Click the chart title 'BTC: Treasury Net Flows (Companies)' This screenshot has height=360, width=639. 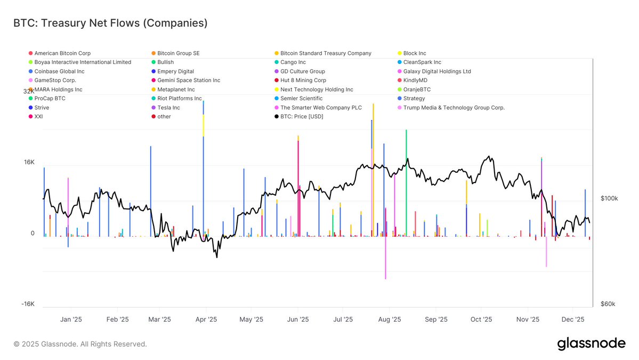pyautogui.click(x=110, y=23)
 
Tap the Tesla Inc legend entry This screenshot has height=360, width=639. pyautogui.click(x=168, y=107)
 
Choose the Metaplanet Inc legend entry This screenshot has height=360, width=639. pyautogui.click(x=176, y=89)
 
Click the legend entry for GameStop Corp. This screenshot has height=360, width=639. pyautogui.click(x=55, y=80)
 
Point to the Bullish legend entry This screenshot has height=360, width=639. pyautogui.click(x=165, y=62)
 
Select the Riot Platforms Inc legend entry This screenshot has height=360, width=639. pyautogui.click(x=179, y=98)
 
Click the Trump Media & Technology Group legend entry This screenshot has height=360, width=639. pyautogui.click(x=454, y=107)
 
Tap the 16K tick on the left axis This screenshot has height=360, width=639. pyautogui.click(x=29, y=162)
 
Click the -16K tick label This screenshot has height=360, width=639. pyautogui.click(x=28, y=304)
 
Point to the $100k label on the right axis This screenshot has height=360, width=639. pyautogui.click(x=609, y=198)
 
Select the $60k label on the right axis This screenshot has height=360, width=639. pyautogui.click(x=608, y=304)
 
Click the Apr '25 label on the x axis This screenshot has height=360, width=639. pyautogui.click(x=206, y=319)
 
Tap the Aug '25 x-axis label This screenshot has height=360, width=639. pyautogui.click(x=390, y=319)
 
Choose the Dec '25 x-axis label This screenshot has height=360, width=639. pyautogui.click(x=573, y=319)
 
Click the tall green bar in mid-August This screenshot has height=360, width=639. pyautogui.click(x=406, y=181)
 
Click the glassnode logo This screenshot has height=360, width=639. pyautogui.click(x=591, y=344)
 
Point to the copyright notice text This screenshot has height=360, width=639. pyautogui.click(x=80, y=344)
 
